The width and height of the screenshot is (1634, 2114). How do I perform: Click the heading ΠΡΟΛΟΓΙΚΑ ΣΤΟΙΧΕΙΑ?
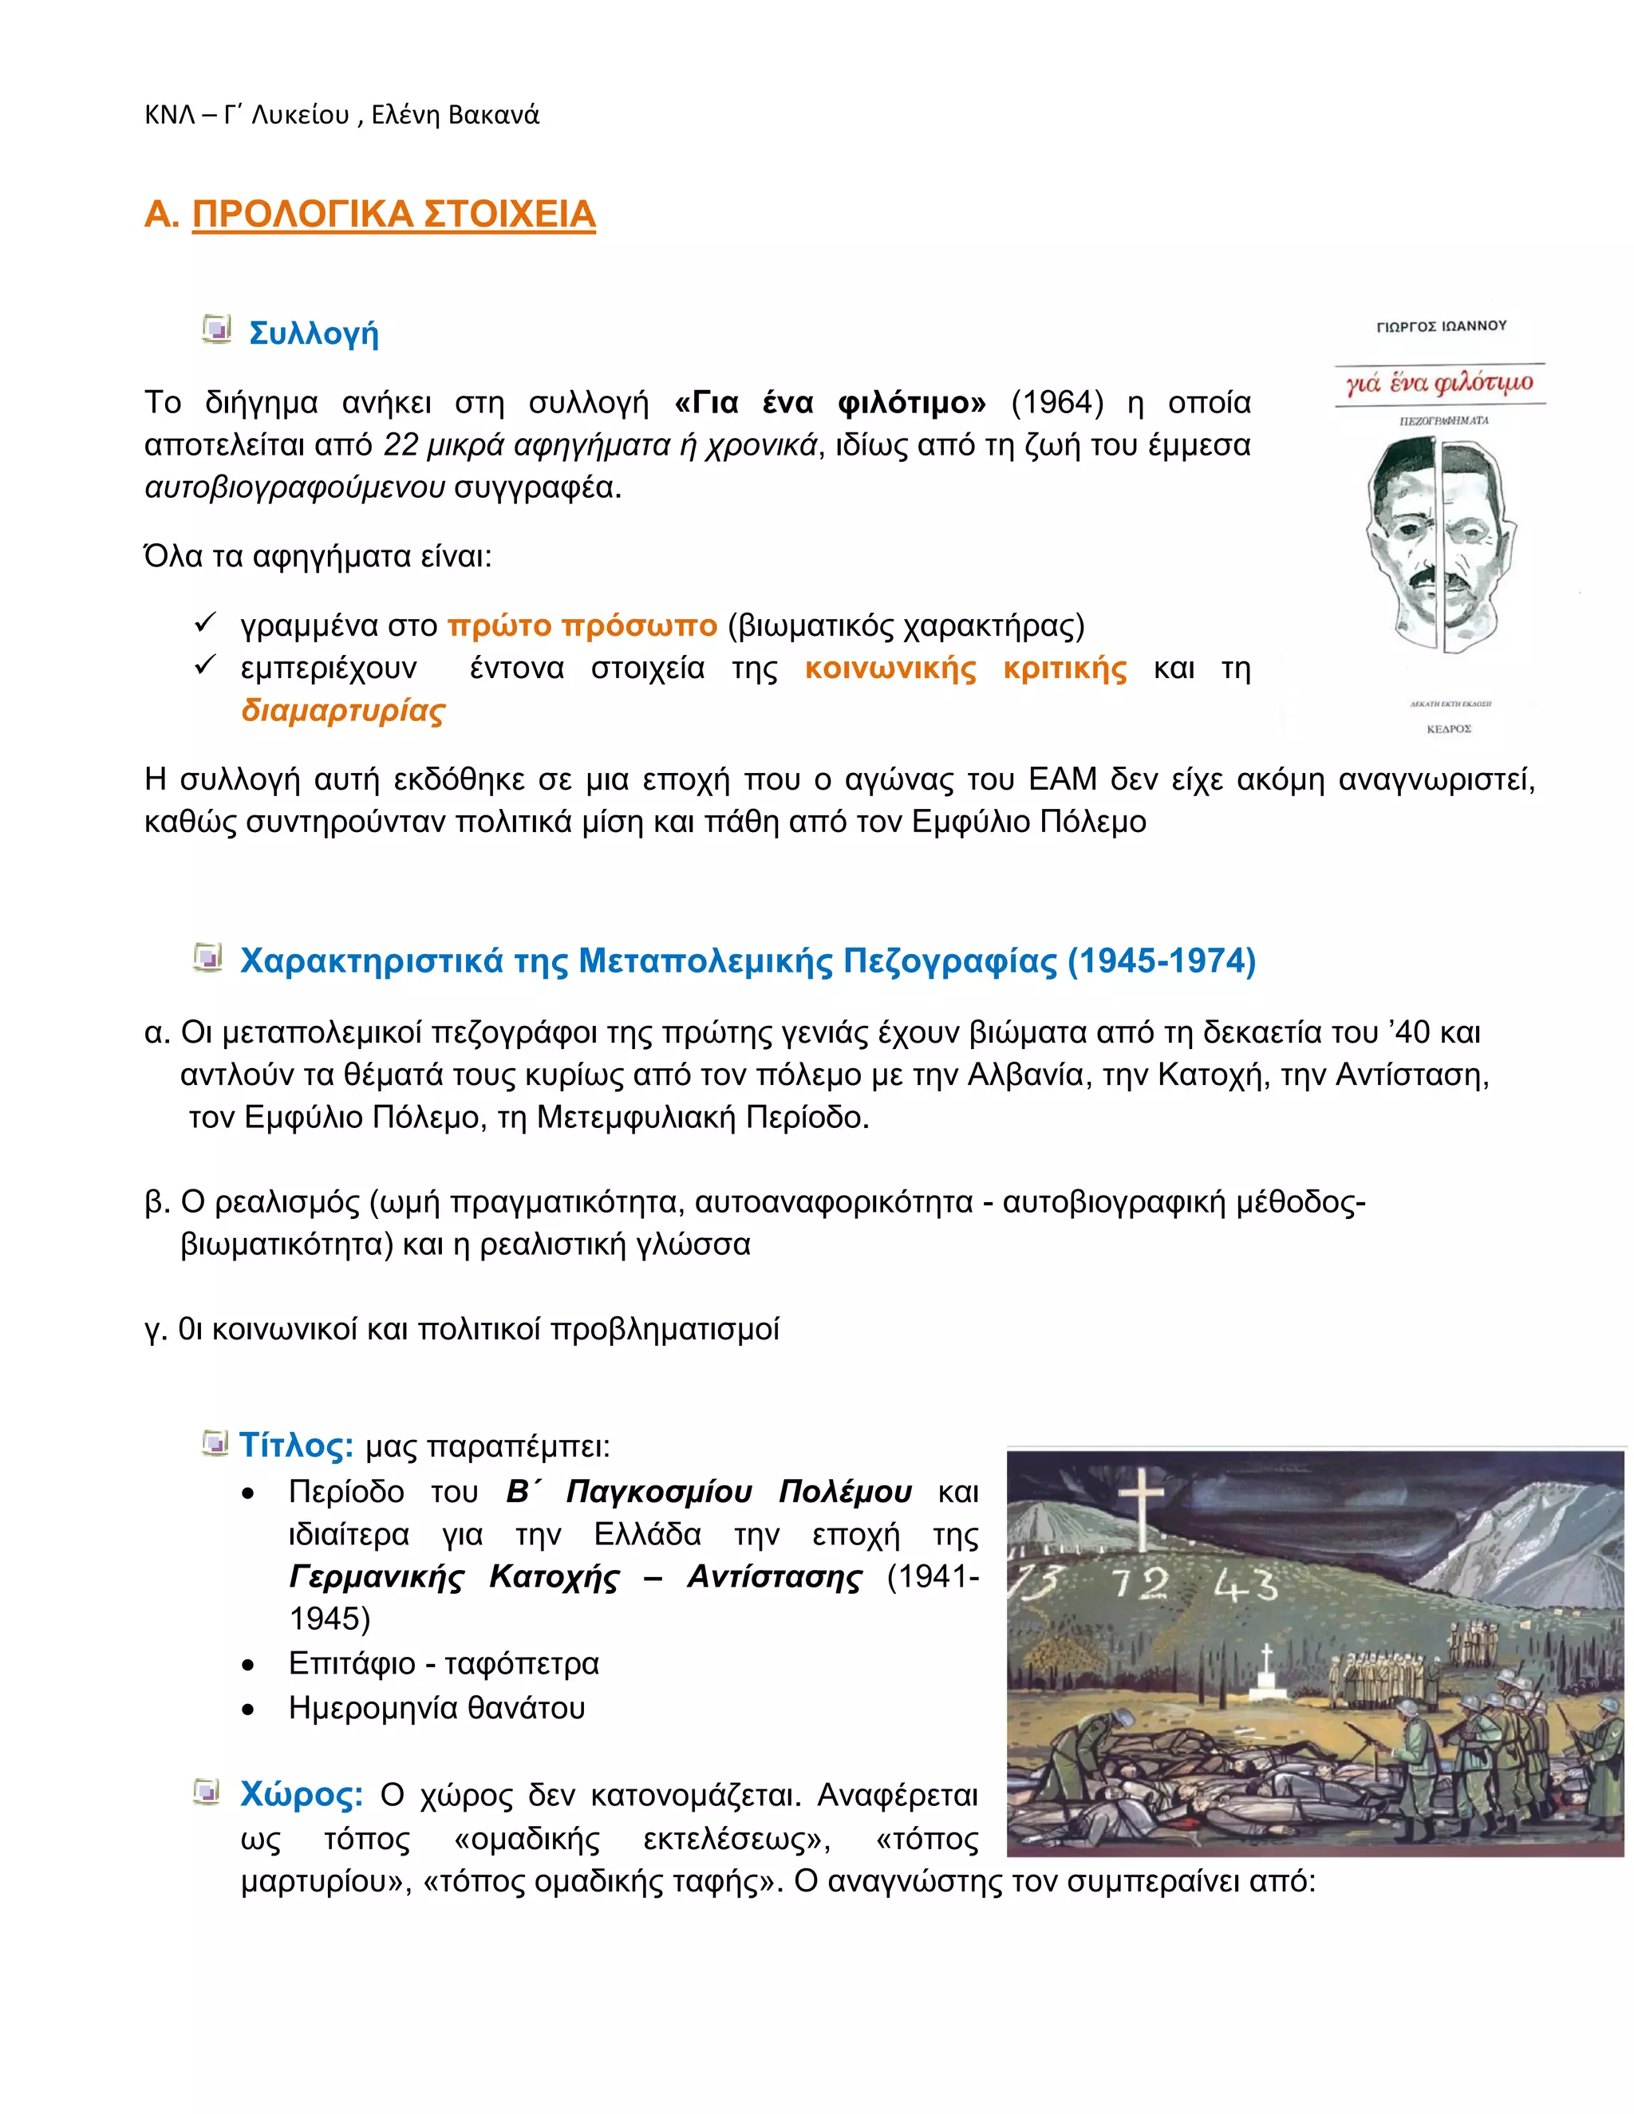tap(393, 214)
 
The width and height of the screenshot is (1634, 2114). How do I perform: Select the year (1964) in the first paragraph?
tap(1057, 403)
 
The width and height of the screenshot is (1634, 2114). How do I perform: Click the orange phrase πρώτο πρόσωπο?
tap(582, 626)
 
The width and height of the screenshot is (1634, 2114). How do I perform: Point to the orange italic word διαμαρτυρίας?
tap(342, 711)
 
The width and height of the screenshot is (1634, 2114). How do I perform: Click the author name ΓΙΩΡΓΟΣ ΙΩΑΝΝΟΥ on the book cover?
tap(1442, 326)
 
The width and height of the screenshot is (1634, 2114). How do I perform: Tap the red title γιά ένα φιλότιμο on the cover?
tap(1439, 383)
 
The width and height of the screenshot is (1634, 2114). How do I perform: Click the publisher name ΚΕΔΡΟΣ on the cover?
tap(1448, 729)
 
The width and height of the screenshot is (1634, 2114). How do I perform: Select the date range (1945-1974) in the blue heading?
tap(1161, 961)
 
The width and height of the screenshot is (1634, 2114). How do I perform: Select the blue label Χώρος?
tap(301, 1795)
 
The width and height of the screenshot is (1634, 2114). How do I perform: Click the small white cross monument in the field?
tap(1267, 1673)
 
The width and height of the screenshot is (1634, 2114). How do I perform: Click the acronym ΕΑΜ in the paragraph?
tap(1063, 779)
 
